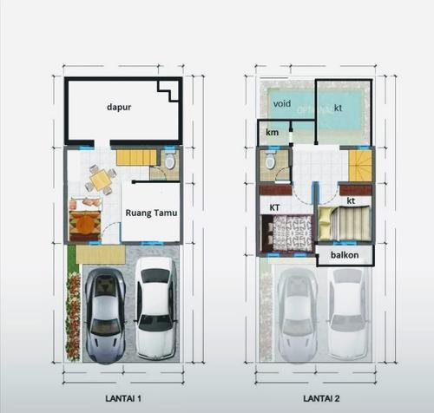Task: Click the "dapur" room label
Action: [119, 108]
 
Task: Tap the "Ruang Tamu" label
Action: [151, 213]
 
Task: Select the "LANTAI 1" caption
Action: [123, 398]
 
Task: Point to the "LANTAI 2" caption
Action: [321, 398]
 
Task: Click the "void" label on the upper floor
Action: [282, 103]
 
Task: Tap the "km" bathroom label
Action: [272, 133]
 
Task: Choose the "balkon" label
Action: [345, 255]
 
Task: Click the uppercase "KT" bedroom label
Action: [274, 207]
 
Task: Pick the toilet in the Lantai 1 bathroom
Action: [170, 161]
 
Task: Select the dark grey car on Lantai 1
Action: [106, 315]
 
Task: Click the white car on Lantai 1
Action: [156, 308]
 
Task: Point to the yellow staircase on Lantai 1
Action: [136, 158]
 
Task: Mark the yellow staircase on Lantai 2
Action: [360, 166]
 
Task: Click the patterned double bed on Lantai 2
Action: [288, 233]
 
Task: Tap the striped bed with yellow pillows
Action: [345, 223]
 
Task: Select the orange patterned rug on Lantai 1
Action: [85, 223]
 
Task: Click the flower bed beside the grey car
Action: [73, 317]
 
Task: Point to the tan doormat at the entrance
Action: [101, 254]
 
